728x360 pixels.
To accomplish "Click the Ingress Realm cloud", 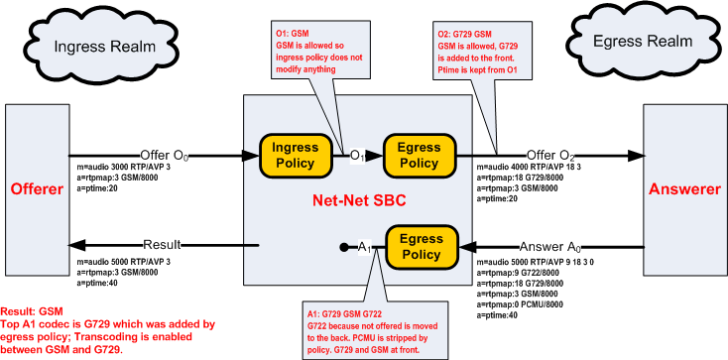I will pyautogui.click(x=100, y=46).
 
